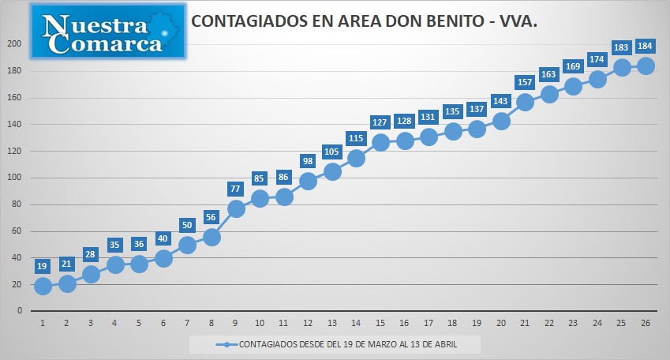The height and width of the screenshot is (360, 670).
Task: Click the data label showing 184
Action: click(x=645, y=46)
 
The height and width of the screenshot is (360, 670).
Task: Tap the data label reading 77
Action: click(x=235, y=189)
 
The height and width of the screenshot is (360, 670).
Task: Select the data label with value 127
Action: click(x=380, y=122)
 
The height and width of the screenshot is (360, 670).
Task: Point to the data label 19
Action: click(x=42, y=266)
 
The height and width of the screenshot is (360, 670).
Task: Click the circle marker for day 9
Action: click(x=236, y=208)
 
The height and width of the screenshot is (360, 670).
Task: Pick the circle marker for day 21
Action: click(x=525, y=102)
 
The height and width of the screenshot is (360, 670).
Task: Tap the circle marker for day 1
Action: click(x=43, y=286)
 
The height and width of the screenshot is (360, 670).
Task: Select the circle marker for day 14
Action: click(x=357, y=158)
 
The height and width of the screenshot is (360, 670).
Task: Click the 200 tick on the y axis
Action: click(x=14, y=44)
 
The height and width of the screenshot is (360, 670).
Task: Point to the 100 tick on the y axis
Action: click(x=14, y=178)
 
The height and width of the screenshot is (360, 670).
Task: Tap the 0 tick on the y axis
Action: click(x=19, y=311)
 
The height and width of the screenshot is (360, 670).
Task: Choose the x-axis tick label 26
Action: click(x=646, y=323)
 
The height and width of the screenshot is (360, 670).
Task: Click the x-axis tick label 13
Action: click(x=332, y=323)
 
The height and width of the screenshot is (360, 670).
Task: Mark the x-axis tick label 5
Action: click(x=139, y=323)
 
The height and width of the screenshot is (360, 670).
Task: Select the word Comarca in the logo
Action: click(x=105, y=43)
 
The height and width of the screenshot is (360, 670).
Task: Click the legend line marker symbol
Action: click(x=226, y=345)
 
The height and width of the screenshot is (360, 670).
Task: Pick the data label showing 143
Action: click(x=500, y=101)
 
